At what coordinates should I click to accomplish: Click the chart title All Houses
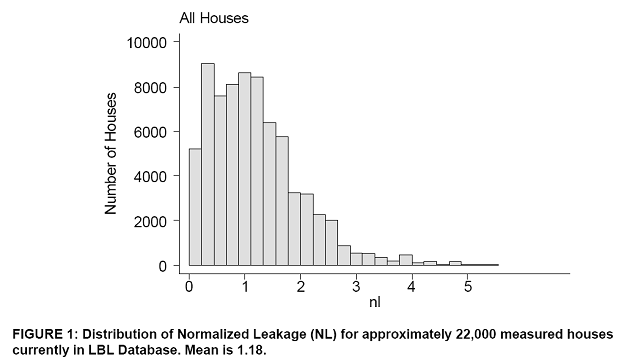tap(214, 18)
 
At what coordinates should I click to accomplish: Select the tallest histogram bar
tap(208, 165)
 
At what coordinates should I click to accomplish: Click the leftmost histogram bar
tap(195, 207)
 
